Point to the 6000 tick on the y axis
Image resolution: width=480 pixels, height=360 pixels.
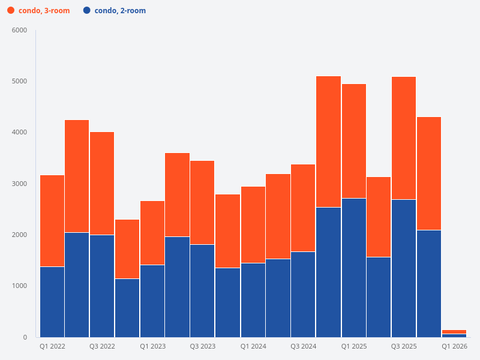[x=20, y=31]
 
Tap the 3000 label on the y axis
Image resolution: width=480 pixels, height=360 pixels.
[x=20, y=184]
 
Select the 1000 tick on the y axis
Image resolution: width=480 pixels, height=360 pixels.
[x=20, y=286]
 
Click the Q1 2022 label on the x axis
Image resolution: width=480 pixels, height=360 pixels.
[x=52, y=346]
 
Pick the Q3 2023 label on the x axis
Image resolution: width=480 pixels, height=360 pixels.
[x=203, y=346]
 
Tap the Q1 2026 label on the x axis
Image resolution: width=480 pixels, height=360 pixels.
[x=454, y=346]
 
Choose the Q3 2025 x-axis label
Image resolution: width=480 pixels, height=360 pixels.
[x=404, y=346]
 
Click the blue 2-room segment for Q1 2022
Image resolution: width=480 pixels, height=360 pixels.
[x=52, y=302]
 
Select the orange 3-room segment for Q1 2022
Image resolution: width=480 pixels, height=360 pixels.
[x=52, y=221]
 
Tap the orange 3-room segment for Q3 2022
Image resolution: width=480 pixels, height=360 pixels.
[x=102, y=183]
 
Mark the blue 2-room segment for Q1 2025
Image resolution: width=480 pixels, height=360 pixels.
[x=354, y=268]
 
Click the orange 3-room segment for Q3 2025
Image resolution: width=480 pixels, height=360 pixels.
[x=404, y=138]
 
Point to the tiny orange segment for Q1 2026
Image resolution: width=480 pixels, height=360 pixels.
[x=454, y=332]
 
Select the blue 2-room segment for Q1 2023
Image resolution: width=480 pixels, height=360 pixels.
[x=152, y=301]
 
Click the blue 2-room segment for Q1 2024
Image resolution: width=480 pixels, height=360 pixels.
[x=253, y=300]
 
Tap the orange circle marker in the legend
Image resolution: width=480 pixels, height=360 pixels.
[x=11, y=11]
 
